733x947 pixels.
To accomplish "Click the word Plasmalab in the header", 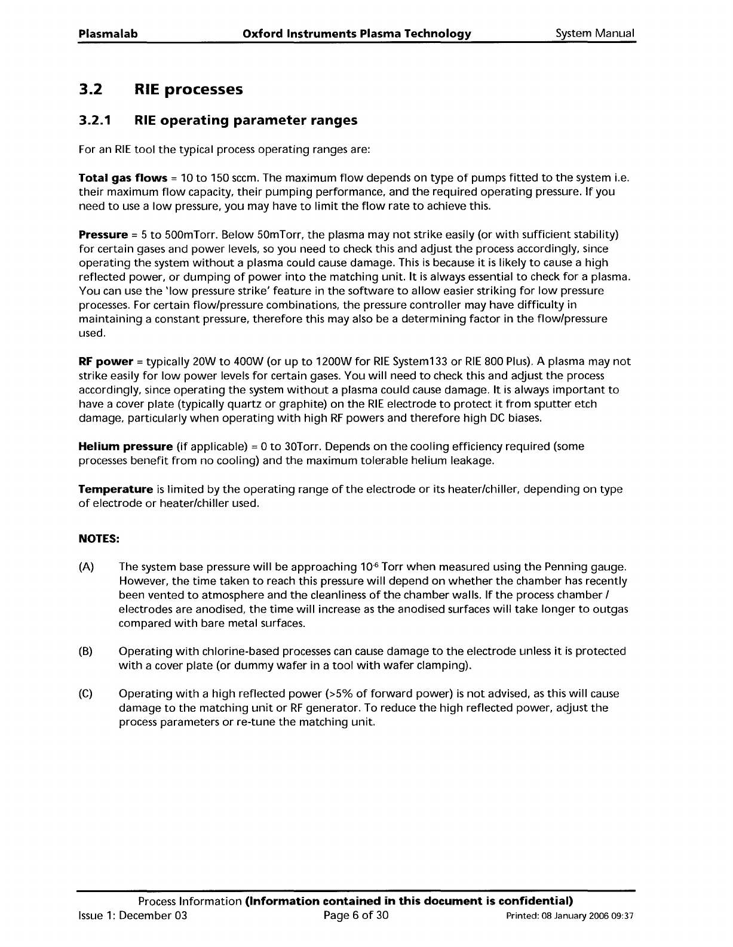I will (x=108, y=34).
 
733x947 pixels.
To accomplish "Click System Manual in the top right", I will (x=594, y=34).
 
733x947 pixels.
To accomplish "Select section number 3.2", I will (x=91, y=90).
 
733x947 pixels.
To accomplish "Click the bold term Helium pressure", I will (x=126, y=447).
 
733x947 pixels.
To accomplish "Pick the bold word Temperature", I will (x=116, y=490).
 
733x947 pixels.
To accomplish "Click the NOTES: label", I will (x=100, y=539).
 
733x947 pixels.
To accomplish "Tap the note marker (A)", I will (x=87, y=567).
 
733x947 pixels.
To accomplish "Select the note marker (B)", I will (x=87, y=651).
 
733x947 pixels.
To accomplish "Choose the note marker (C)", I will (x=87, y=694).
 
